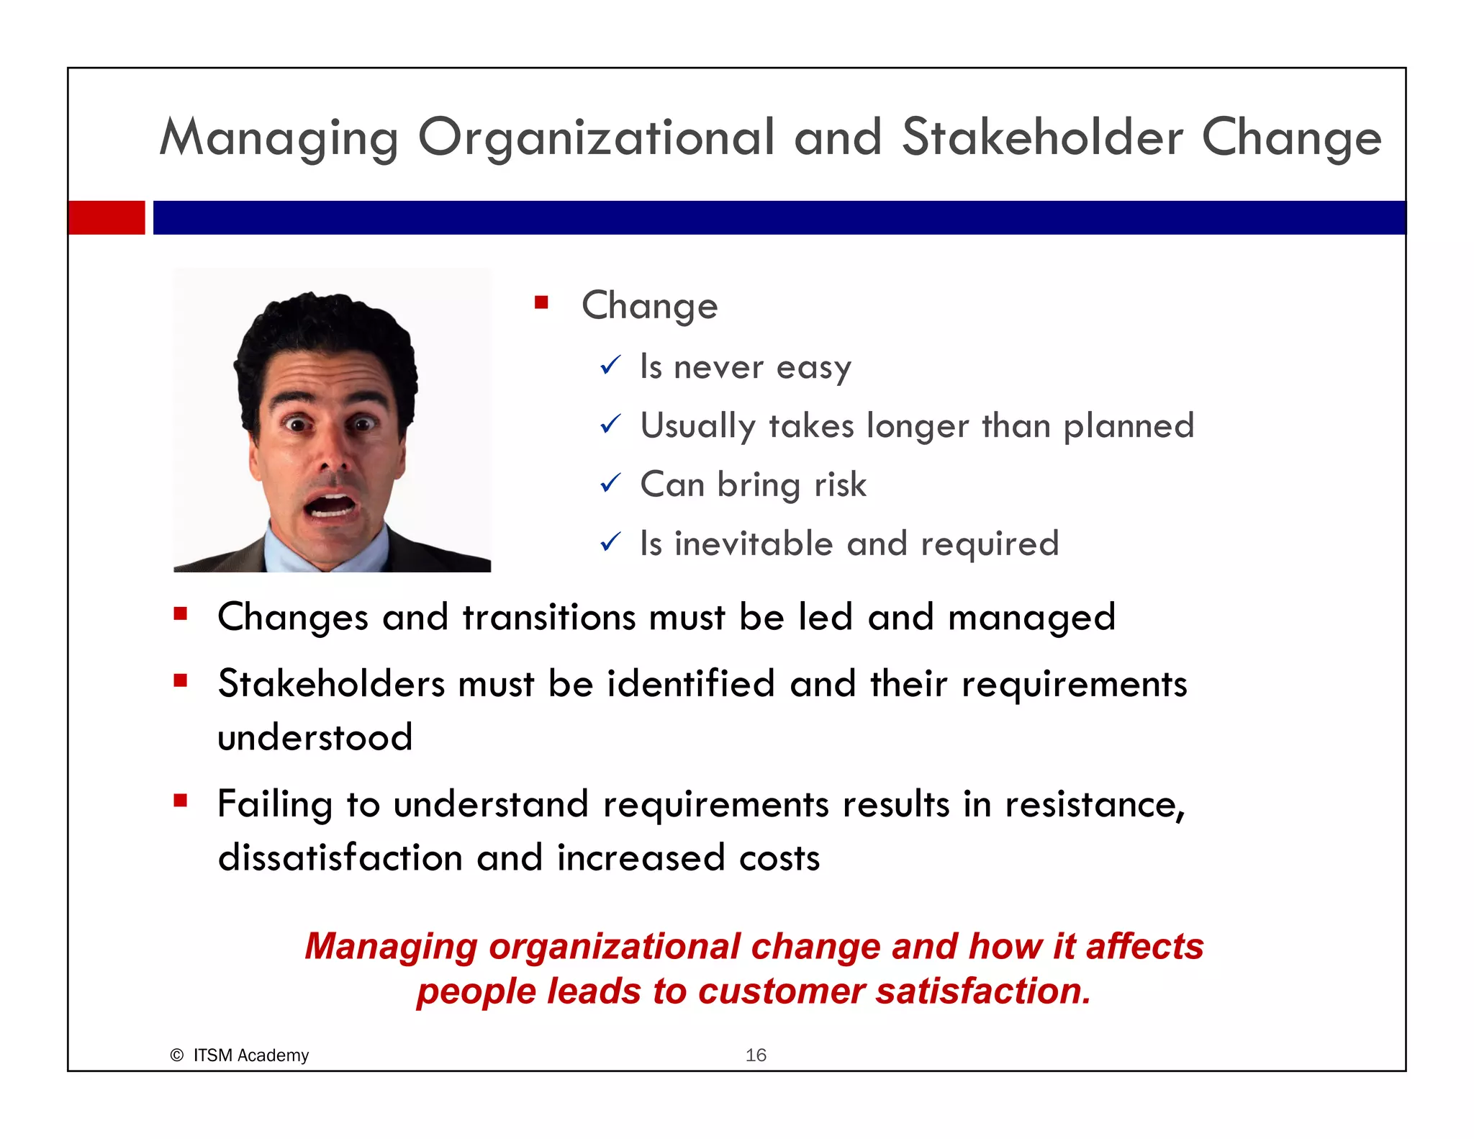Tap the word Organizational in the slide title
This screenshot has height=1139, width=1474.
coord(597,138)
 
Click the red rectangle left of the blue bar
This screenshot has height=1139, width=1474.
coord(107,217)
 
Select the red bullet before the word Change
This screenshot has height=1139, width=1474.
coord(541,302)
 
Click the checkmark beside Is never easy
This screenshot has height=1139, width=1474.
coord(610,366)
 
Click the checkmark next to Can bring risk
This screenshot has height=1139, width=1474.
coord(610,483)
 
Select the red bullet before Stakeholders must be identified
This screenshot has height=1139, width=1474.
coord(180,680)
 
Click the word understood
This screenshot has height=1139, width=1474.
coord(315,737)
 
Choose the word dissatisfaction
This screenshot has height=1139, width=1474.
coord(340,858)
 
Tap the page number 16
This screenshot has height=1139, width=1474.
coord(756,1055)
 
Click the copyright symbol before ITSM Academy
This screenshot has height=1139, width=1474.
coord(177,1055)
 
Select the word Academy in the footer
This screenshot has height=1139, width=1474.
coord(273,1055)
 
